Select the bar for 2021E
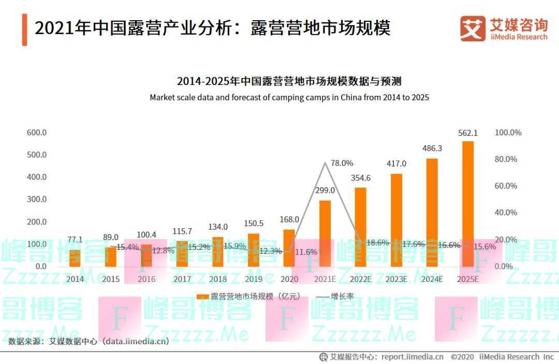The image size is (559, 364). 325,233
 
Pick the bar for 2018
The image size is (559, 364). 218,252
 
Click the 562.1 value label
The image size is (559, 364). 467,133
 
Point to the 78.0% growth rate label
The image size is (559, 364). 342,163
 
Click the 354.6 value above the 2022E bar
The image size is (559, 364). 361,178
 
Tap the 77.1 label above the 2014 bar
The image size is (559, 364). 75,240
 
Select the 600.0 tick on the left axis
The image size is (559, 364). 37,133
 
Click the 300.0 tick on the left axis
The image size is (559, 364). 37,199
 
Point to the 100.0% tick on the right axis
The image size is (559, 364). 508,133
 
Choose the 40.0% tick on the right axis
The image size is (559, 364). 506,212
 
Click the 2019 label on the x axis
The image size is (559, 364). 254,279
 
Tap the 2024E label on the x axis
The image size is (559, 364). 432,279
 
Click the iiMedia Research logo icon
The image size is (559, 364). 473,29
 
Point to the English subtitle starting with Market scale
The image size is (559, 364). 289,97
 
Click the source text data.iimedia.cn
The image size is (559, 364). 135,341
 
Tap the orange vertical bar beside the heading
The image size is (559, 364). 24,30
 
